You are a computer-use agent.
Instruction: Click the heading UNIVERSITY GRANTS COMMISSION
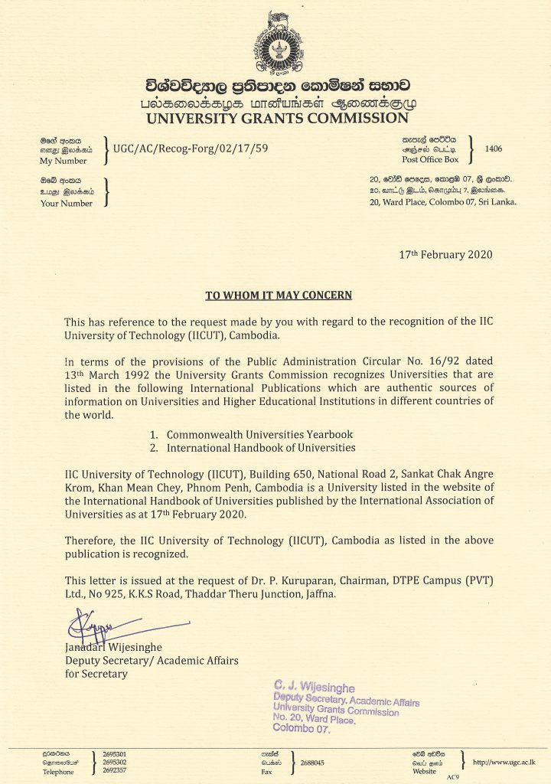pos(276,118)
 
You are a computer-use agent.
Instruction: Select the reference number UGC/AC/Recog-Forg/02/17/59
pos(190,150)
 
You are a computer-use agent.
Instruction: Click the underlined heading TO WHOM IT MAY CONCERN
pos(279,295)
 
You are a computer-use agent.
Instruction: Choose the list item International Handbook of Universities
pos(261,447)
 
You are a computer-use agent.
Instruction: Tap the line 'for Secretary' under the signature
pos(96,674)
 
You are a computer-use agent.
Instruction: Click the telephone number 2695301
pos(114,754)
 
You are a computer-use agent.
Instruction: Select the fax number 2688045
pos(313,763)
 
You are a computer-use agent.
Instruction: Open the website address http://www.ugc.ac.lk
pos(504,763)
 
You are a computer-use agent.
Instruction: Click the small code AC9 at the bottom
pos(452,778)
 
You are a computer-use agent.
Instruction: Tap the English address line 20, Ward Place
pos(442,202)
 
